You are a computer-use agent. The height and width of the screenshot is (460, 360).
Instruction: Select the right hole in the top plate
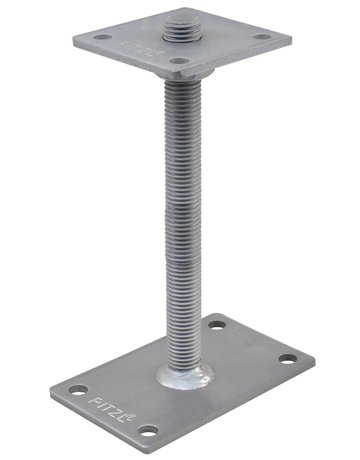[262, 38]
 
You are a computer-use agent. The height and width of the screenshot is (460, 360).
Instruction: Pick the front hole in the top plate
[178, 63]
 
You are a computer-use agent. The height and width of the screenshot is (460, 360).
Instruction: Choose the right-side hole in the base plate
[287, 358]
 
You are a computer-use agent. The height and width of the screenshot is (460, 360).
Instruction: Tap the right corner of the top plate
[291, 43]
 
